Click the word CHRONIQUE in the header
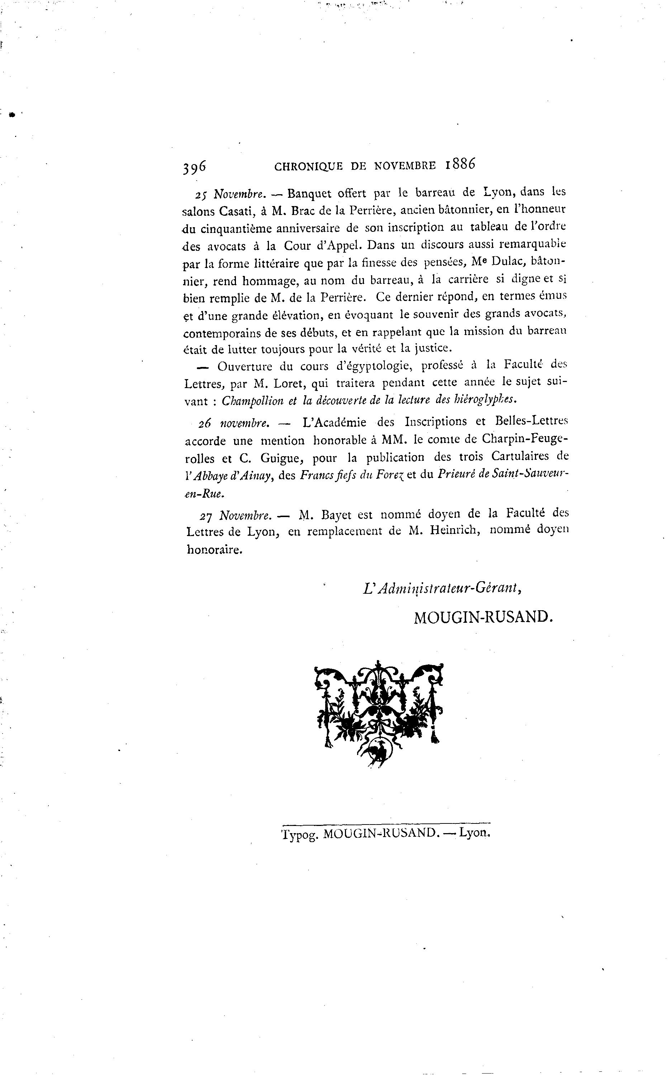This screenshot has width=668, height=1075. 308,166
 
